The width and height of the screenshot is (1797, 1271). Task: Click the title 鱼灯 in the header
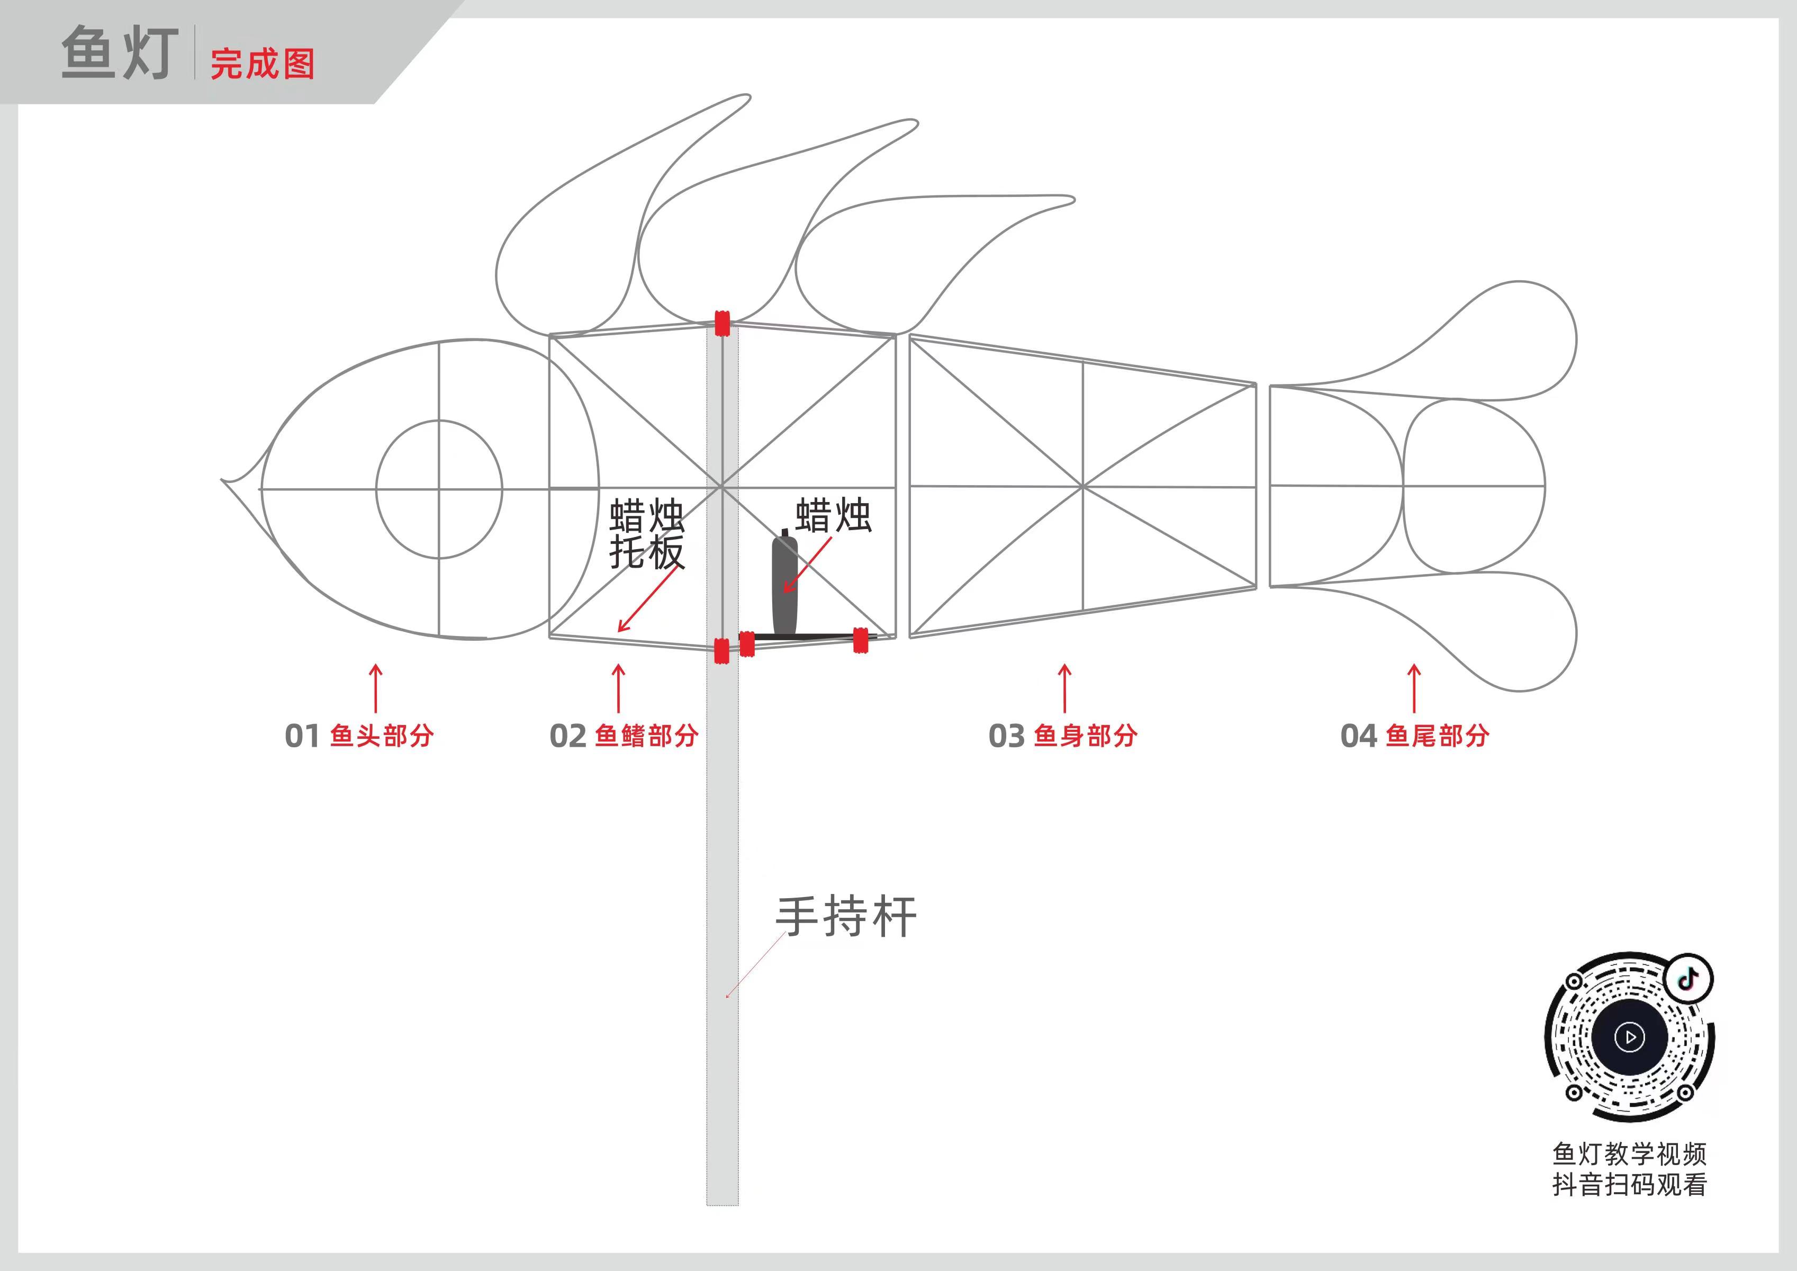pyautogui.click(x=120, y=53)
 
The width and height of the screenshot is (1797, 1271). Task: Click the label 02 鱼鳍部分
pyautogui.click(x=624, y=736)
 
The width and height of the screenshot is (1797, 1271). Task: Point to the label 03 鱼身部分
pyautogui.click(x=1063, y=736)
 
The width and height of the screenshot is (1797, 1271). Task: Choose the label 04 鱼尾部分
pyautogui.click(x=1414, y=736)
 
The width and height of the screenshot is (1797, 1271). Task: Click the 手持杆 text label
pyautogui.click(x=846, y=916)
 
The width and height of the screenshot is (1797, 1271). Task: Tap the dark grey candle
pyautogui.click(x=785, y=584)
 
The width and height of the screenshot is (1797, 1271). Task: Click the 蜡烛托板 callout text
pyautogui.click(x=646, y=534)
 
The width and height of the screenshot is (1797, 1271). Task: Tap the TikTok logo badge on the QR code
pyautogui.click(x=1688, y=978)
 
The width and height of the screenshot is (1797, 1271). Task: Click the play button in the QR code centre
pyautogui.click(x=1630, y=1037)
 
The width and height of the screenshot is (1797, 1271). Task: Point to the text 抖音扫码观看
pyautogui.click(x=1630, y=1185)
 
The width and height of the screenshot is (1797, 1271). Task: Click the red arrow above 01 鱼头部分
pyautogui.click(x=376, y=688)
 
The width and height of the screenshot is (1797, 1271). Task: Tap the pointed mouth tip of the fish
pyautogui.click(x=224, y=480)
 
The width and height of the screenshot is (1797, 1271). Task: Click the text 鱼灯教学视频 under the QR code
pyautogui.click(x=1630, y=1153)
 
